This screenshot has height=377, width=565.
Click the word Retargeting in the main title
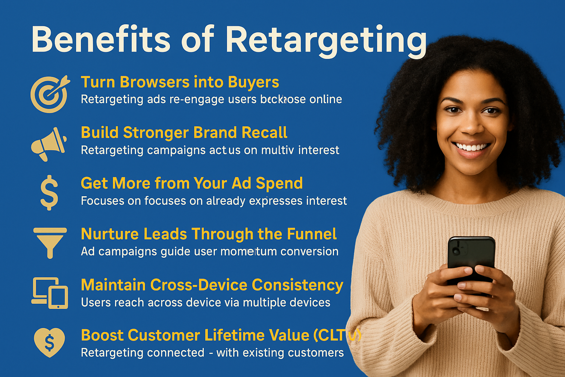coord(326,40)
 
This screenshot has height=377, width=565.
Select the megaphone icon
coord(49,144)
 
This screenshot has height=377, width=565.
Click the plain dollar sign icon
coord(49,193)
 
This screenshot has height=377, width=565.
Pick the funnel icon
coord(50,242)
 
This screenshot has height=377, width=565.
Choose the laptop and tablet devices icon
coord(50,293)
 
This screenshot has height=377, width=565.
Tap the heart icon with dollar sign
coord(49,342)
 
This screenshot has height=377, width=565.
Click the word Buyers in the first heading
coord(253,82)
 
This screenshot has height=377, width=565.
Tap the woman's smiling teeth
coord(472,147)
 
